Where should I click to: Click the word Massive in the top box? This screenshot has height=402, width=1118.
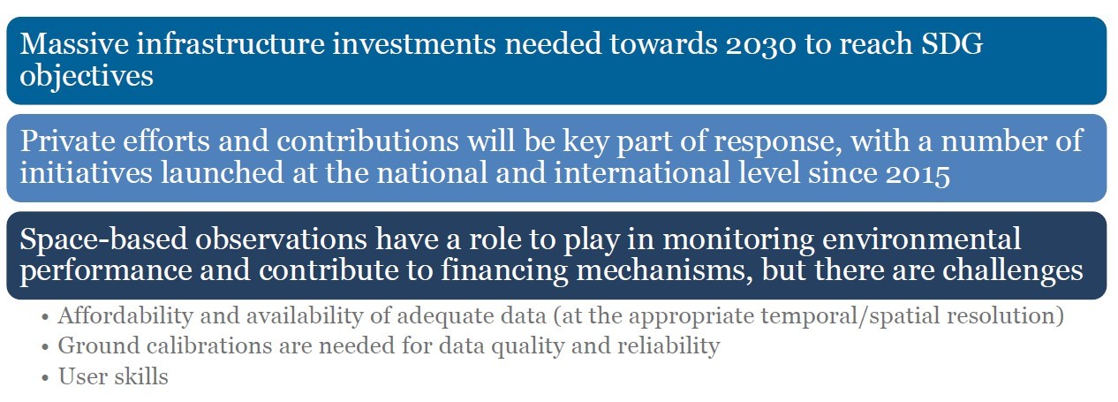[x=74, y=43]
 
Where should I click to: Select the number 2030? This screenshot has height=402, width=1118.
[x=760, y=44]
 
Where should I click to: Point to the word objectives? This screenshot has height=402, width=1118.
[x=87, y=76]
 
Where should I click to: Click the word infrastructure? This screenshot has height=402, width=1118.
[x=230, y=43]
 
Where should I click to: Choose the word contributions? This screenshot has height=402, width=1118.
[x=368, y=140]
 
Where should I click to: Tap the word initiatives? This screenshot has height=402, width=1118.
[x=86, y=172]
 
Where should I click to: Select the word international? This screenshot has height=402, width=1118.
[x=642, y=172]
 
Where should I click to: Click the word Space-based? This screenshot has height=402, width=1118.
[x=103, y=239]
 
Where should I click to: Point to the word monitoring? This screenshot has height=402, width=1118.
[x=738, y=239]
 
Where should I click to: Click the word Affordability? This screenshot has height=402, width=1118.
[x=125, y=316]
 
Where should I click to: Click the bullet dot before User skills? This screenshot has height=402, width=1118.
[x=45, y=378]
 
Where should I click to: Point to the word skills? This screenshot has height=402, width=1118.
[x=142, y=376]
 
